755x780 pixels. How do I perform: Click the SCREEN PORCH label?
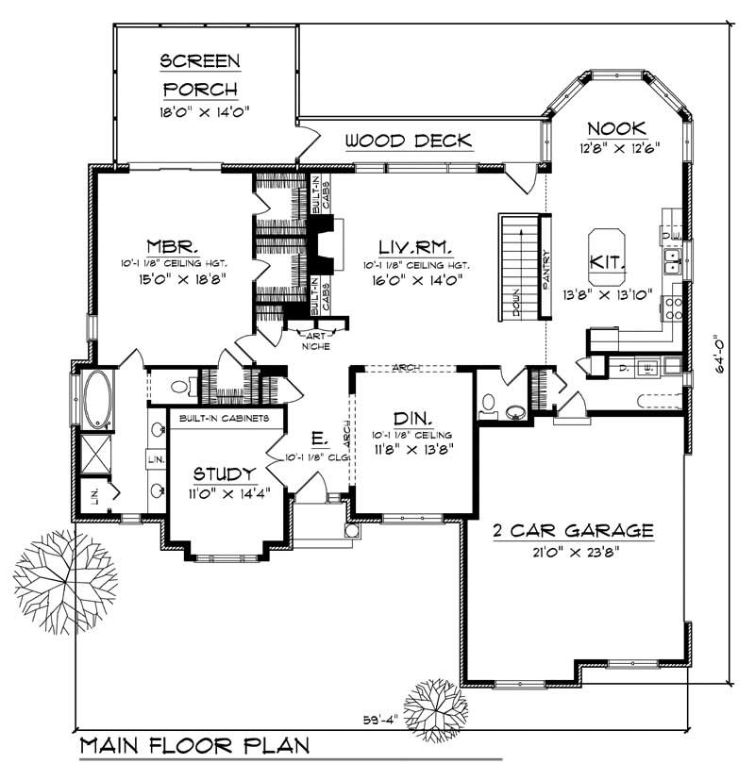coord(200,75)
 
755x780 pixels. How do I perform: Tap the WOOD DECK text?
coord(408,141)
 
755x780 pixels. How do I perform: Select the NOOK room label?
coord(615,128)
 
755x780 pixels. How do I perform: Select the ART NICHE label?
coord(312,340)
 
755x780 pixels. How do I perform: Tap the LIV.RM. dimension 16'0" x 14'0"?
coord(416,280)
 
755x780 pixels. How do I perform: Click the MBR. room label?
coord(171,241)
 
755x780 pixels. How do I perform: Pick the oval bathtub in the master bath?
coord(98,399)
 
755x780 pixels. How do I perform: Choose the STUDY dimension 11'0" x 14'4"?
coord(225,493)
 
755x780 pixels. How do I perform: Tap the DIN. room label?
coord(413,418)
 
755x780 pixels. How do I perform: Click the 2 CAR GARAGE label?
coord(574,531)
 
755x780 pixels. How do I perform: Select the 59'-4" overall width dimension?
coord(382,721)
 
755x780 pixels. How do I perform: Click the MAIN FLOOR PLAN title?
coord(194,747)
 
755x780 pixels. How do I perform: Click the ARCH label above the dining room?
coord(406,368)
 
